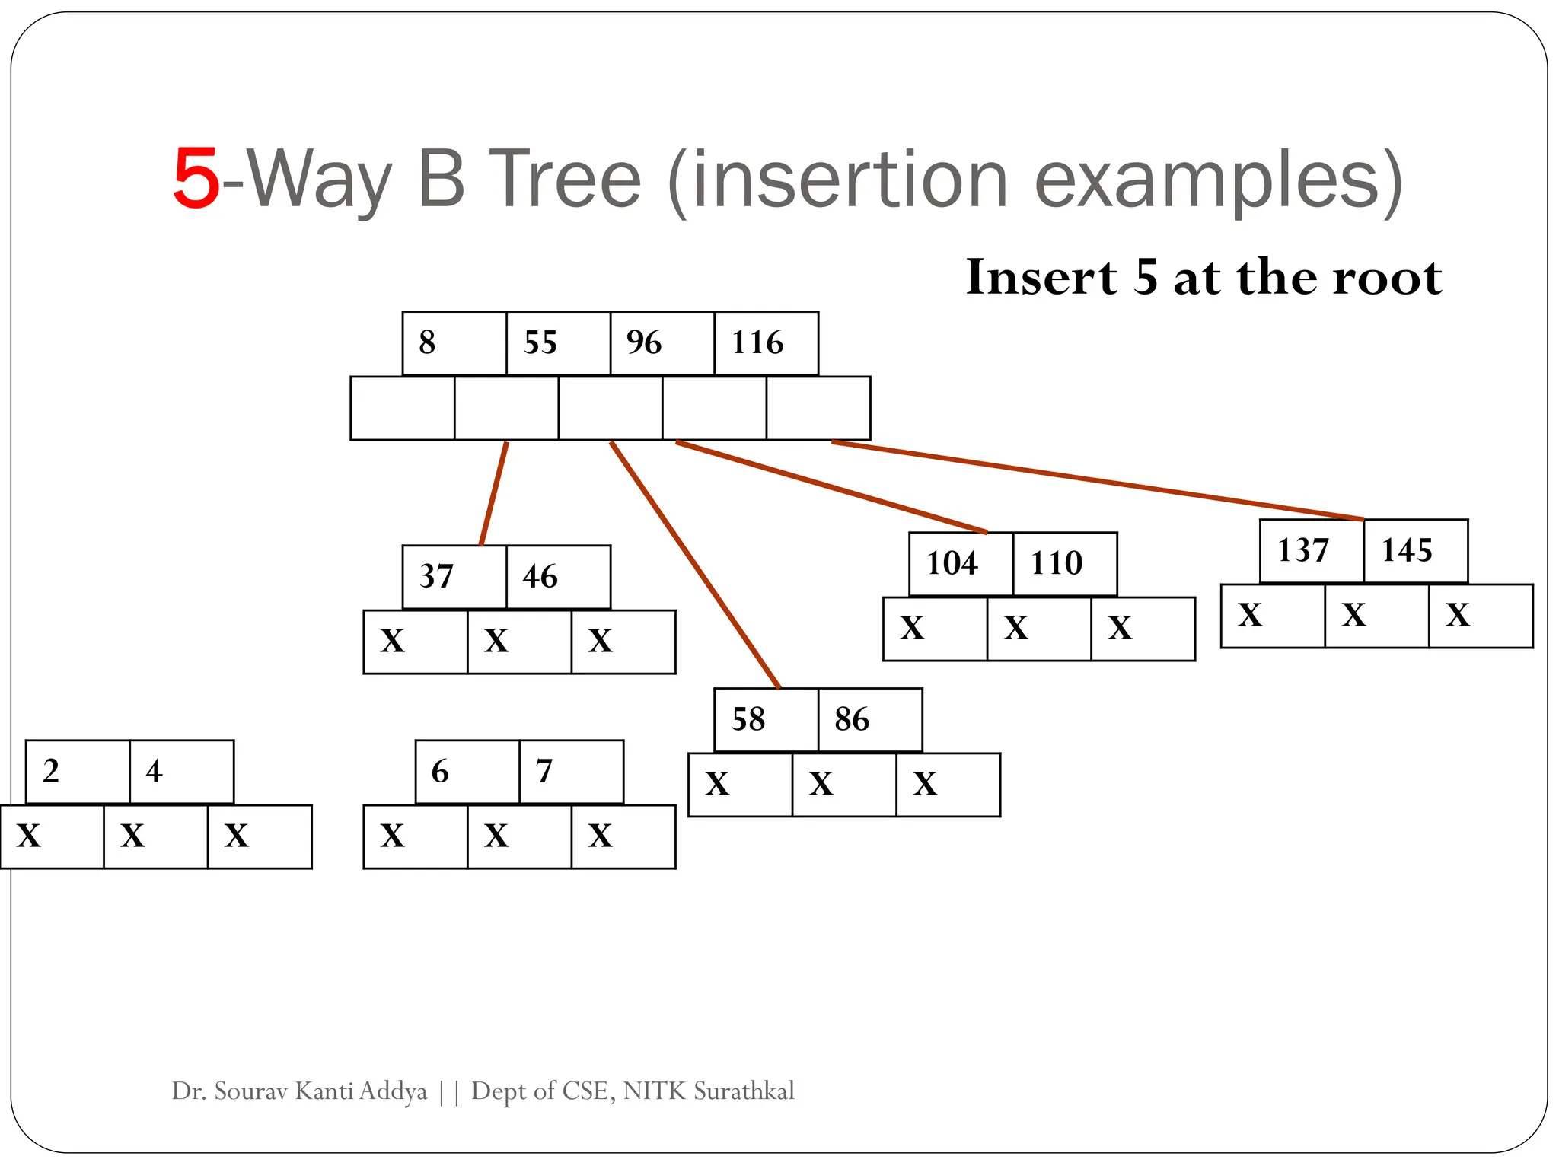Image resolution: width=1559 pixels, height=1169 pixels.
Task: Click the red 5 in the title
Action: tap(196, 180)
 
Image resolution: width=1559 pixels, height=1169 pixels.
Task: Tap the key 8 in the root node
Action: tap(427, 342)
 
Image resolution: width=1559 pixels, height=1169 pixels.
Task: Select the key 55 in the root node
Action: tap(540, 342)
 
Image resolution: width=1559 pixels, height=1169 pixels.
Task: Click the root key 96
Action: tap(644, 342)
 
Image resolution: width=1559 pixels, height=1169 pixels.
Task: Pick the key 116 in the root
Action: tap(757, 342)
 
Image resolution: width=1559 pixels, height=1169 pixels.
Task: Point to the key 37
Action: tap(436, 576)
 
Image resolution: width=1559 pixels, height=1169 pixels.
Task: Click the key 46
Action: tap(540, 576)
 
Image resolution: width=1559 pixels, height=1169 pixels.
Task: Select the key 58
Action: tap(748, 719)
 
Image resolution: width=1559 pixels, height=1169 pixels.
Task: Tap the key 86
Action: tap(851, 719)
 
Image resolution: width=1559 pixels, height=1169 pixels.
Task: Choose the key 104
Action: tap(952, 563)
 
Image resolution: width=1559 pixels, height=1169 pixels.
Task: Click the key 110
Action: tap(1056, 563)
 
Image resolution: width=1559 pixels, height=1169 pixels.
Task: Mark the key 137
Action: tap(1302, 550)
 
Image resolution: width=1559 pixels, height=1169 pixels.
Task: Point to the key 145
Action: tap(1407, 550)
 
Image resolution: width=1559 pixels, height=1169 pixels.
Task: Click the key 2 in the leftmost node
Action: tap(51, 771)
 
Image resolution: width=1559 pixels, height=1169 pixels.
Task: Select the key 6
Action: tap(440, 771)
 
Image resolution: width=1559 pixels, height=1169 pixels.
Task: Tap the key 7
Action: tap(544, 771)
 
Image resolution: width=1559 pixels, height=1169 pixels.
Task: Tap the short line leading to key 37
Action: tap(494, 493)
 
